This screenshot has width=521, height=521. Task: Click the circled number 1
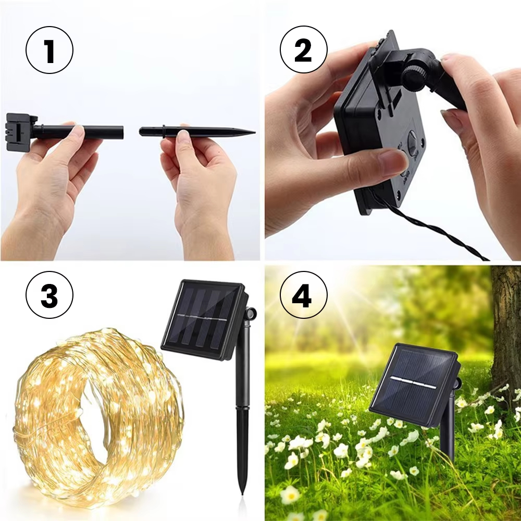pyautogui.click(x=49, y=50)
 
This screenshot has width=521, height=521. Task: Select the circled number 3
pyautogui.click(x=49, y=295)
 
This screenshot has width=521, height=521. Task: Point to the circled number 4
pyautogui.click(x=303, y=295)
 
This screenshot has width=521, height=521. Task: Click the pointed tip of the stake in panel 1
pyautogui.click(x=255, y=132)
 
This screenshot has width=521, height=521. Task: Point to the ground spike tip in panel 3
pyautogui.click(x=243, y=492)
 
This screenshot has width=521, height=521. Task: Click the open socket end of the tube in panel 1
pyautogui.click(x=121, y=132)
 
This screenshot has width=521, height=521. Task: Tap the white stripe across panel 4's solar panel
pyautogui.click(x=413, y=382)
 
